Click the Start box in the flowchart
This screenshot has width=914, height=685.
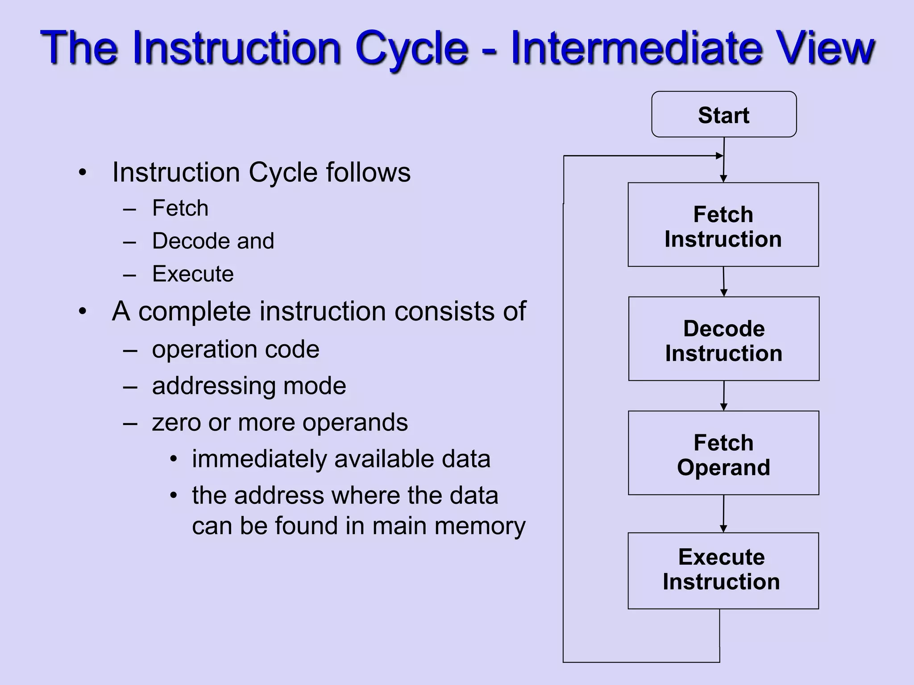point(723,115)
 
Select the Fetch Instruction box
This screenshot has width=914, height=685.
point(723,225)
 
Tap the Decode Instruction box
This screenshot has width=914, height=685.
point(723,339)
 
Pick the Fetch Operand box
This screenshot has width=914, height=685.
point(723,453)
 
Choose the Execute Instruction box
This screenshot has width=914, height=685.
point(723,571)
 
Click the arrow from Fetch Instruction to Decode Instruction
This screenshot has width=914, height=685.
point(723,281)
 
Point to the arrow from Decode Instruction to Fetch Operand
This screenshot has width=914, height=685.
point(723,396)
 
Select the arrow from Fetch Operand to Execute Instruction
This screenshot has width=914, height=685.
point(723,514)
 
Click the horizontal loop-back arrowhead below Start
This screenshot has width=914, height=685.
point(719,156)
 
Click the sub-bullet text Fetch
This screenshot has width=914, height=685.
point(180,208)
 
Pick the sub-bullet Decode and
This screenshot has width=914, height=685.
point(213,241)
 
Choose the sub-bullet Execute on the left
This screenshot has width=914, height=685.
point(193,274)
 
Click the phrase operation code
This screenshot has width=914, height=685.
point(236,349)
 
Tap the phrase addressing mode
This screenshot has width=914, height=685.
point(249,386)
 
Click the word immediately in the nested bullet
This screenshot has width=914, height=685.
point(259,459)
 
